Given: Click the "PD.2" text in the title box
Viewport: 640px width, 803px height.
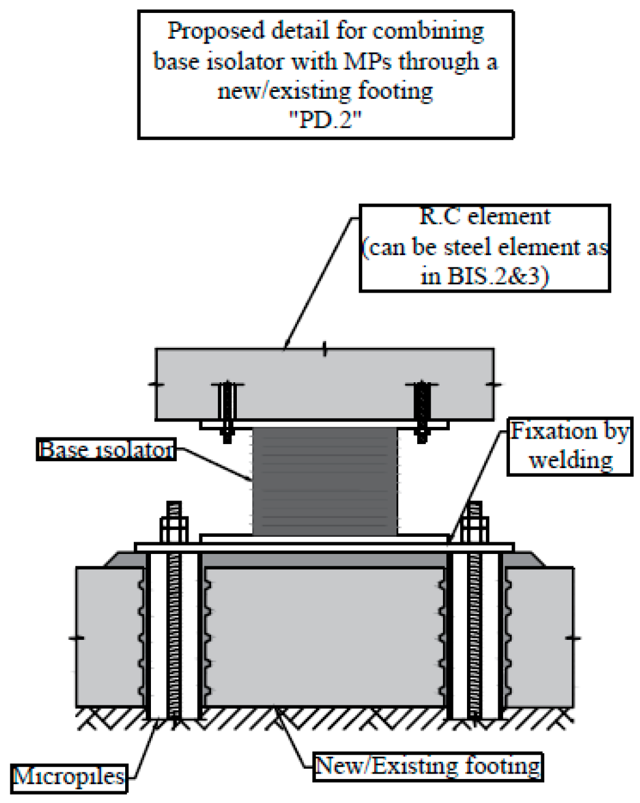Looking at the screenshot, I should point(325,120).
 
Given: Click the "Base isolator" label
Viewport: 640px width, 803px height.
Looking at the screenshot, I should point(106,450).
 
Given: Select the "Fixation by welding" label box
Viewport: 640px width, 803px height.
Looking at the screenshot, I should point(570,446).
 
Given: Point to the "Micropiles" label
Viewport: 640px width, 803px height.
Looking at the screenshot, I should point(69,777).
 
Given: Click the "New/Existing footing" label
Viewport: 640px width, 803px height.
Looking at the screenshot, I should point(428,766).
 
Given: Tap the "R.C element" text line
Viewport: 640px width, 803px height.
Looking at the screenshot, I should point(485,217).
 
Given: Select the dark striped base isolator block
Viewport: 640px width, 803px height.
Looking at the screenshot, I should point(325,482).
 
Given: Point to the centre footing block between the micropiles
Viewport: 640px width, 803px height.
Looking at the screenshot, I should point(325,638).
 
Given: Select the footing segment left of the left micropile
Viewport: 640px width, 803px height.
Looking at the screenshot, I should point(107,638).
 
